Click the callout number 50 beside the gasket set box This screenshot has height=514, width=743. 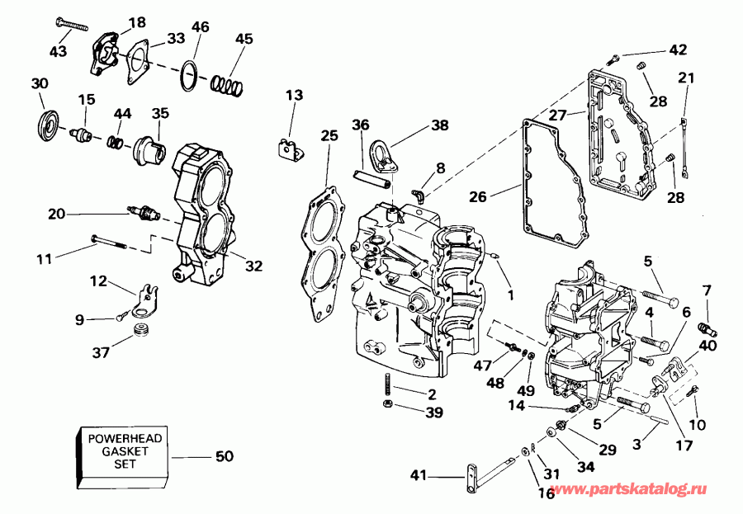[x=225, y=456]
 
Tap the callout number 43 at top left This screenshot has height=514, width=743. [x=57, y=51]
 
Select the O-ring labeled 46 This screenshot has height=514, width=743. [x=190, y=76]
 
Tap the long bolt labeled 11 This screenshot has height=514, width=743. [x=112, y=242]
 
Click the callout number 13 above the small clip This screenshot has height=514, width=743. [x=295, y=95]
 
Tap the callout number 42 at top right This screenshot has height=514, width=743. [x=677, y=50]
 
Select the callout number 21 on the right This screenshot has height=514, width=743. [x=686, y=78]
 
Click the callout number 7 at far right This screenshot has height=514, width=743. [x=706, y=290]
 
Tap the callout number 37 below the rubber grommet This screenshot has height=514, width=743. [x=101, y=353]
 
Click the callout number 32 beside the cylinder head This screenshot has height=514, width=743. [x=253, y=266]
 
